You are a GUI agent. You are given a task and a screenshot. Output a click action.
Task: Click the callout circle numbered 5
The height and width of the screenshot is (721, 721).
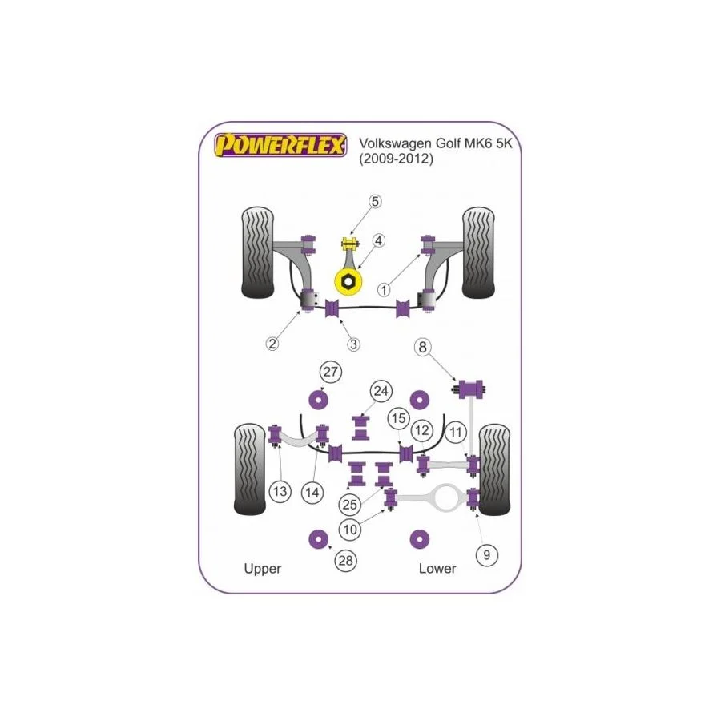[377, 202]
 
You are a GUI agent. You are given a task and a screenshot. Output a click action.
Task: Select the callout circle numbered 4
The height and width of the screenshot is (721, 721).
[378, 240]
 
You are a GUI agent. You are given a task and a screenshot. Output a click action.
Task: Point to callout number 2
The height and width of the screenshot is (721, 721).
[272, 344]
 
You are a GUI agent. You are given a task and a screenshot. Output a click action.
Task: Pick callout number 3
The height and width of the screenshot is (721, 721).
[354, 344]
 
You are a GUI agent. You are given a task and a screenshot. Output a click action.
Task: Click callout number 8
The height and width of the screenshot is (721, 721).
[422, 347]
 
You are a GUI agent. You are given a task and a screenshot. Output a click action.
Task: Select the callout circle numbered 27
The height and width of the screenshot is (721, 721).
[329, 372]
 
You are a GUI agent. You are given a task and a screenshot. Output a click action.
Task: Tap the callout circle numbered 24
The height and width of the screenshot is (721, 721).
[381, 392]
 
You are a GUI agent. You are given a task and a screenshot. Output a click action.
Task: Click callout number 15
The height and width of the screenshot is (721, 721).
[398, 419]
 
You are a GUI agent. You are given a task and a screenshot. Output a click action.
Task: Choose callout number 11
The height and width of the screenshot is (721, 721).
[457, 433]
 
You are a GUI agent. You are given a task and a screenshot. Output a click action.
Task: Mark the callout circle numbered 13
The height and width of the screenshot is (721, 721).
[280, 491]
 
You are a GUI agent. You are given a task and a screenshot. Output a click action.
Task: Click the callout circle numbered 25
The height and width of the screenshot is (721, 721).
[348, 505]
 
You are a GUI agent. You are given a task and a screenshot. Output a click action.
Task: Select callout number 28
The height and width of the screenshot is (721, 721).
[345, 562]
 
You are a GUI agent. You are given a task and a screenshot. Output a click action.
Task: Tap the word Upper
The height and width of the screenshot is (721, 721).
[262, 569]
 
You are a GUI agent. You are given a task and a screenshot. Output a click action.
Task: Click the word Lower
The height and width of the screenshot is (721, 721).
[437, 569]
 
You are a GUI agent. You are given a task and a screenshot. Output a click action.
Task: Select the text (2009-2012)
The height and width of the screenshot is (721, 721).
[396, 159]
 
